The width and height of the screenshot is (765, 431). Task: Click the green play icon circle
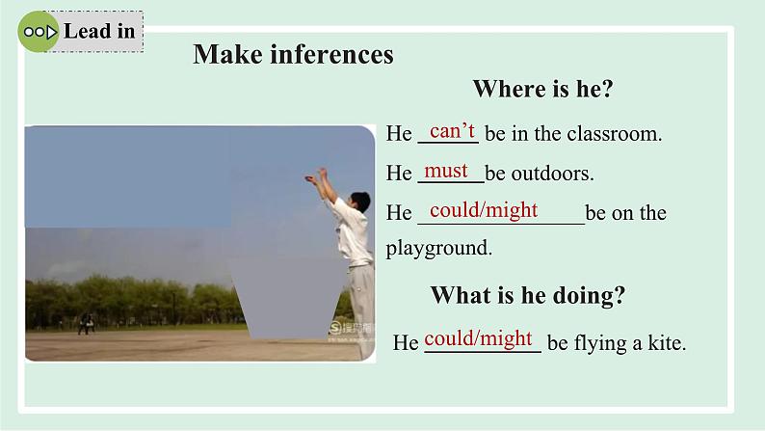coord(38,32)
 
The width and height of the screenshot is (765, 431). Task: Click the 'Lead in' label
coord(99,31)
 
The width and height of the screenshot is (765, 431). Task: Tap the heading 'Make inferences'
coord(293,54)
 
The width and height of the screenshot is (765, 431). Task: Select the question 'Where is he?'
coord(542,89)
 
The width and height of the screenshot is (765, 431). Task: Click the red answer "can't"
coord(452,131)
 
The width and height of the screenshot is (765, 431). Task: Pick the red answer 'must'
coord(446,171)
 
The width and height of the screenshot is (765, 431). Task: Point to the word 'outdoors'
coord(552,174)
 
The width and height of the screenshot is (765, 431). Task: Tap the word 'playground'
coord(438,248)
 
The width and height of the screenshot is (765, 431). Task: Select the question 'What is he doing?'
coord(527,295)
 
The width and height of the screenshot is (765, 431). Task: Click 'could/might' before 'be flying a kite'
coord(478,338)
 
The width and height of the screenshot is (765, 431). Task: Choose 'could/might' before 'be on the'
coord(484,210)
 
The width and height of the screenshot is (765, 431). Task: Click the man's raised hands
coord(316,175)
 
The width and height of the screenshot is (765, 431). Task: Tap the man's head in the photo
coord(360,202)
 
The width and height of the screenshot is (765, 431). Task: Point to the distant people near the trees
coord(87,324)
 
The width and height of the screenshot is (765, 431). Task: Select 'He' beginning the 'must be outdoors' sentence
coord(399,174)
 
